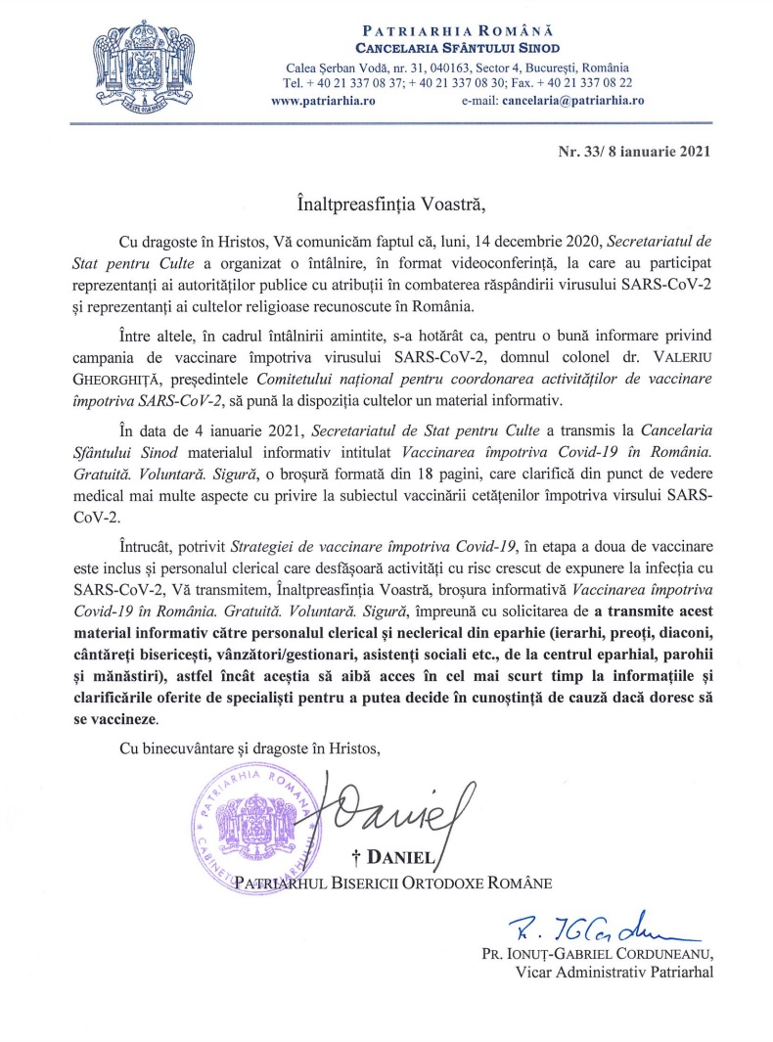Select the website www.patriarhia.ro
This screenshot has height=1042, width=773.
(x=318, y=99)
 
